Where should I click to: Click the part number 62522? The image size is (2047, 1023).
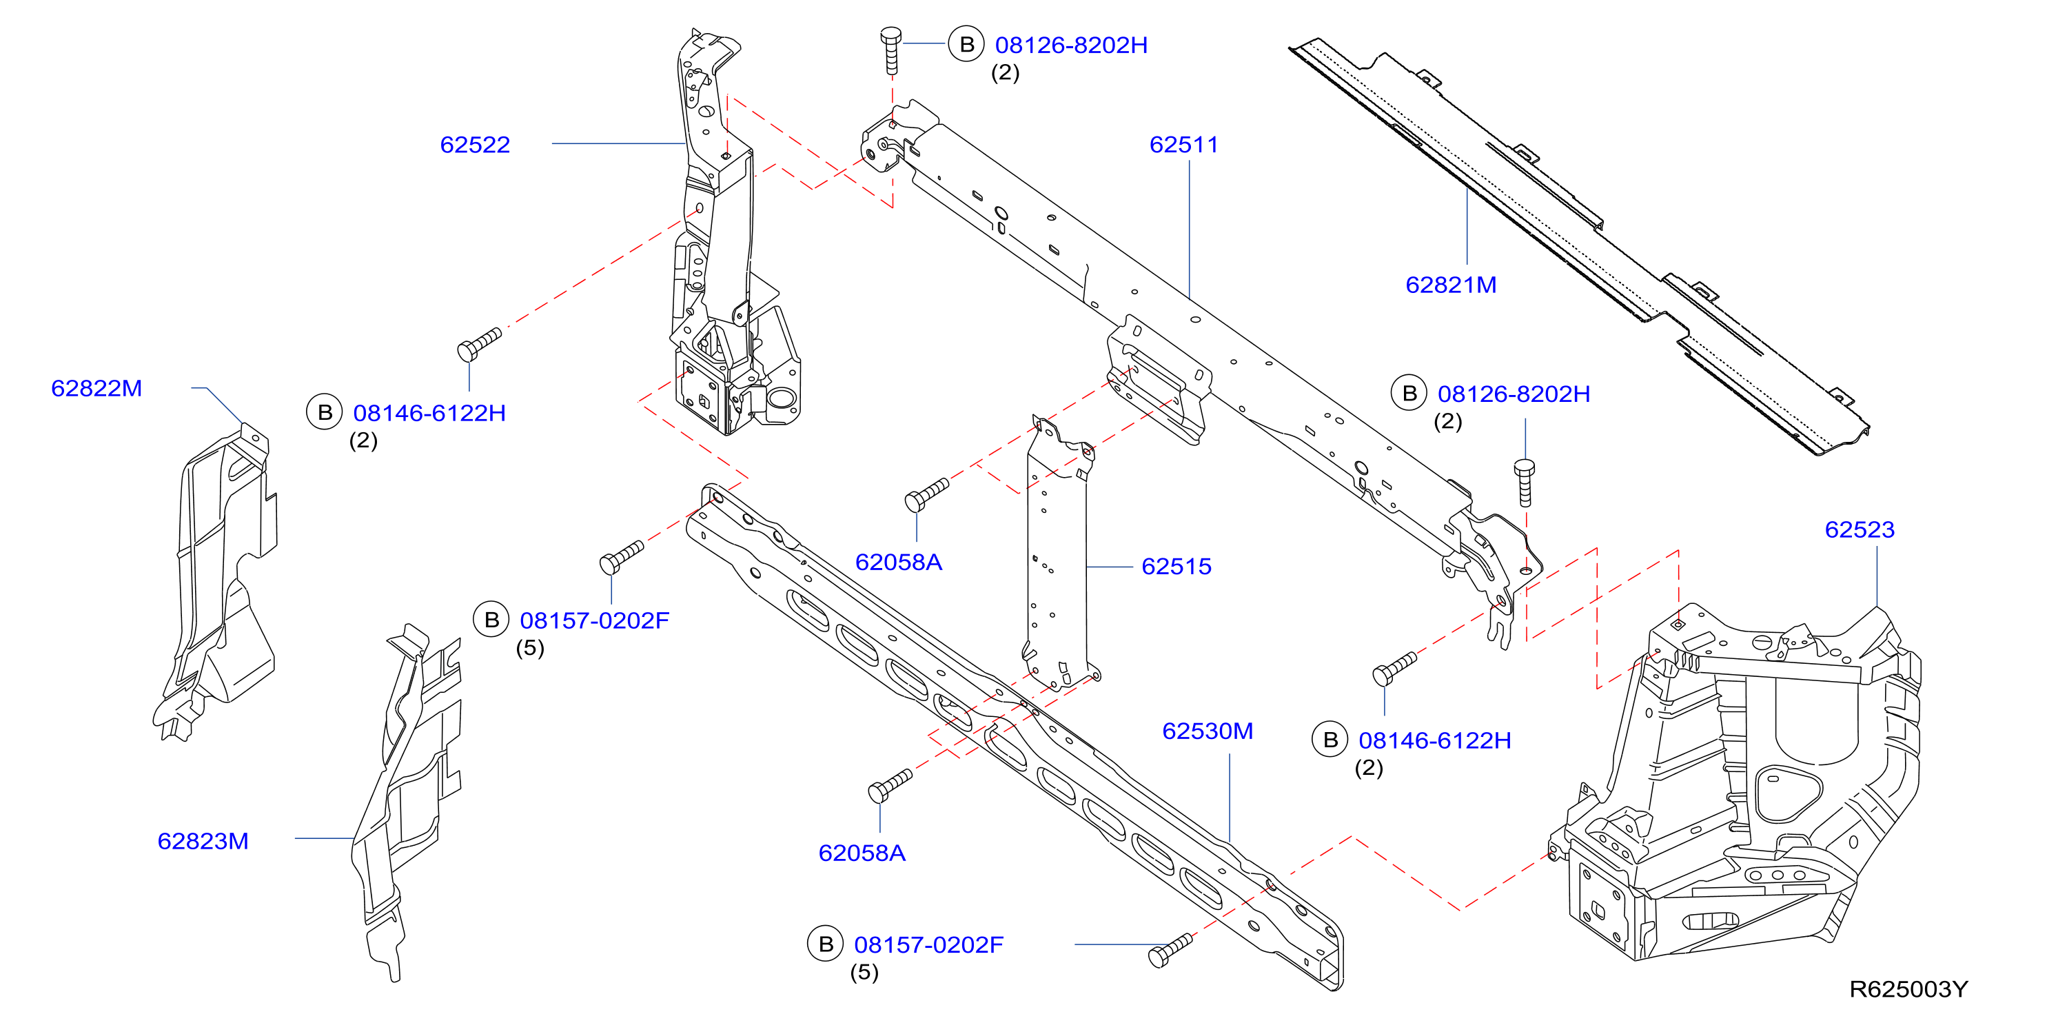tap(474, 145)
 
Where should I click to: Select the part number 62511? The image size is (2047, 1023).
tap(1183, 145)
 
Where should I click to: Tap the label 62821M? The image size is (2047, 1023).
tap(1450, 285)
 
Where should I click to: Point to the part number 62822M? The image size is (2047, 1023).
tap(96, 388)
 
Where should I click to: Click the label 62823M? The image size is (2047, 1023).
tap(203, 841)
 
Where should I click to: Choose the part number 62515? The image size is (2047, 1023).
tap(1176, 566)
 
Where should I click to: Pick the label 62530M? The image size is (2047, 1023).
tap(1207, 731)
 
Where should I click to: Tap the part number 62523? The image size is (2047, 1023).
tap(1860, 529)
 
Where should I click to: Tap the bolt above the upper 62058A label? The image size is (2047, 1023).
tap(926, 494)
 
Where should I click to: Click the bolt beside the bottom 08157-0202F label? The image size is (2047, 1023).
tap(1171, 950)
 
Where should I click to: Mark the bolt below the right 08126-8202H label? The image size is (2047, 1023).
tap(1524, 483)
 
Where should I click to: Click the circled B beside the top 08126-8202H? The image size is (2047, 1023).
tap(966, 45)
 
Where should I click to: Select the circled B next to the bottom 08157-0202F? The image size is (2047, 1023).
tap(826, 944)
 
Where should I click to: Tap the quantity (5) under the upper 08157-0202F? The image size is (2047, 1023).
tap(530, 648)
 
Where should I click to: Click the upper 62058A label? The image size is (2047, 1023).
tap(898, 562)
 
